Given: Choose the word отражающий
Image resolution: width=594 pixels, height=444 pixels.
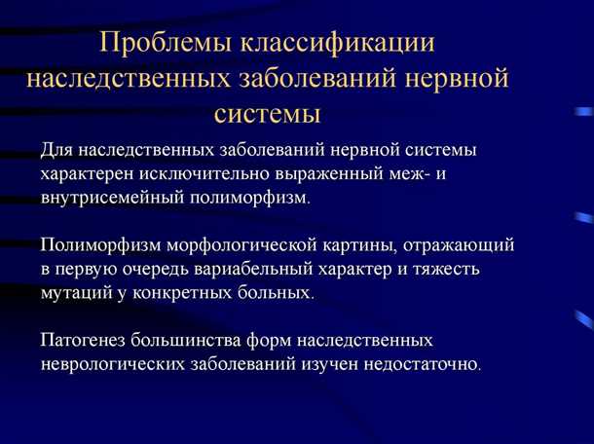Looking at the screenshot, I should pos(463,244).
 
